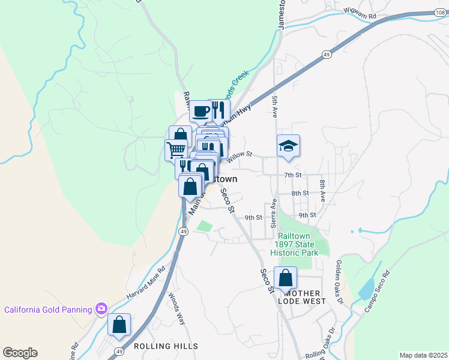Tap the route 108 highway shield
pos(441,12)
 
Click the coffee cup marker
pos(200,111)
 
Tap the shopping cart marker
pos(176,149)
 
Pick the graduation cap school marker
pos(288,145)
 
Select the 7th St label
pos(292,175)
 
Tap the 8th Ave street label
pos(322,190)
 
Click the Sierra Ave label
pos(273,214)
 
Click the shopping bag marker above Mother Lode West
pos(285,278)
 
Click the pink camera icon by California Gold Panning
pos(101,309)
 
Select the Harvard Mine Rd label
pos(145,284)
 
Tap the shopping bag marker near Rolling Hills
pos(119,325)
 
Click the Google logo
pos(20,353)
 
